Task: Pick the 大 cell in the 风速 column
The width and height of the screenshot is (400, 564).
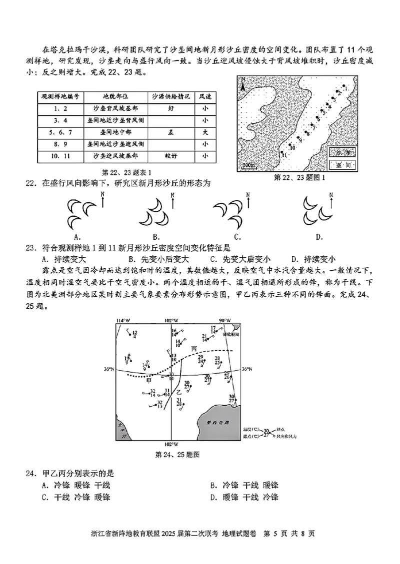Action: (204, 132)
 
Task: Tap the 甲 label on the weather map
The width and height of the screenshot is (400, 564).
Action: (148, 380)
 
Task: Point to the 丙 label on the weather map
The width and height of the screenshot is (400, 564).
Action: (194, 348)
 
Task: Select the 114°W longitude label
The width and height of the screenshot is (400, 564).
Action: (120, 320)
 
